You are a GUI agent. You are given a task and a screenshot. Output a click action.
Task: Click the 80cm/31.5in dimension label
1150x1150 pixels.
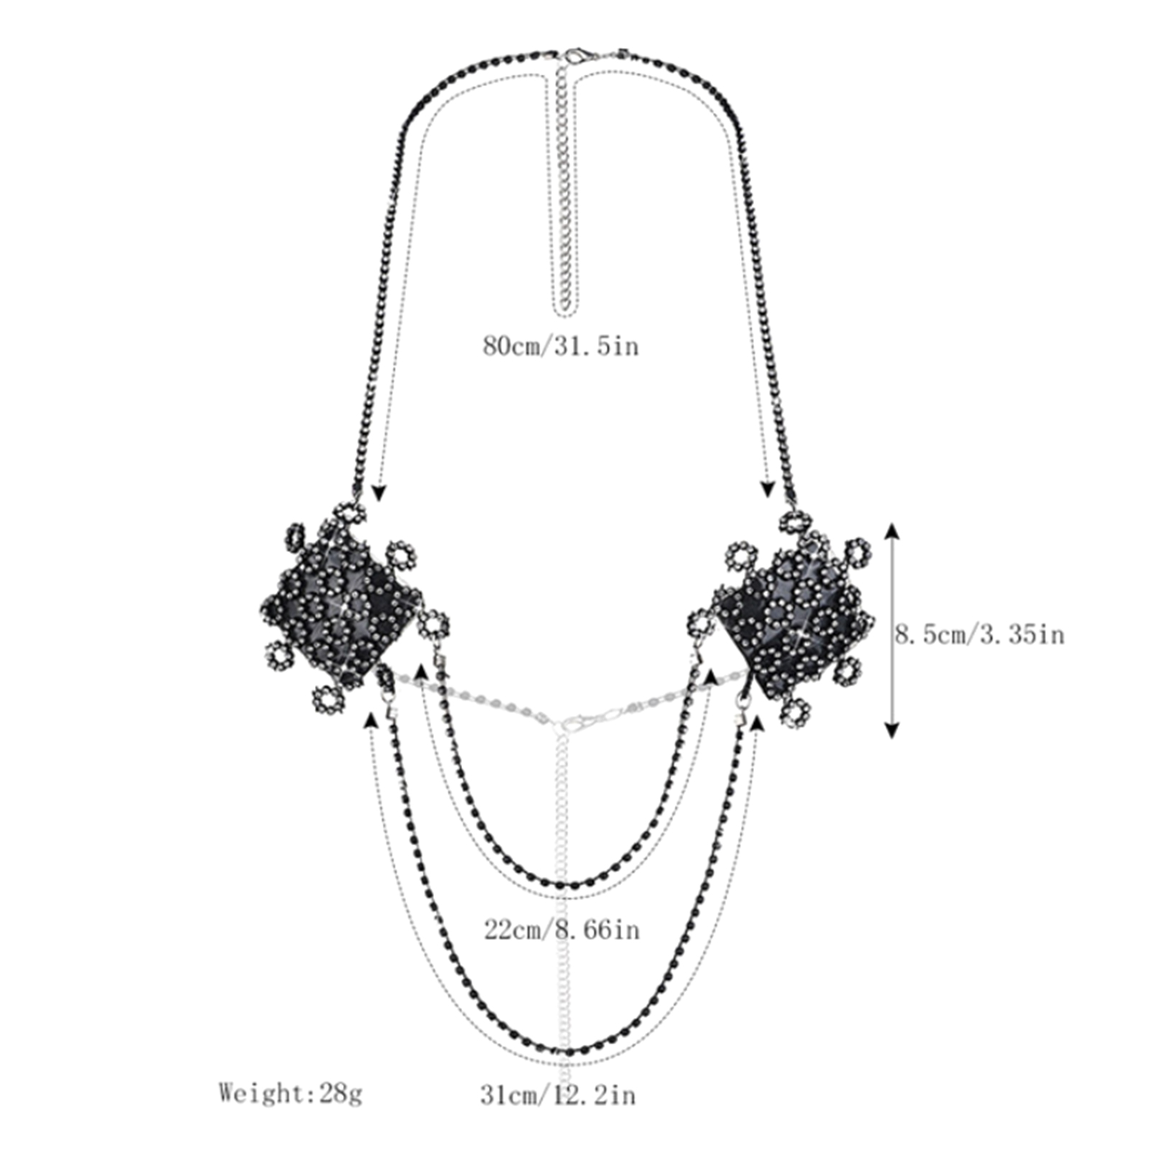561,346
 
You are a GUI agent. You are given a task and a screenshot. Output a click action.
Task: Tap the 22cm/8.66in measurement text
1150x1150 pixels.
561,930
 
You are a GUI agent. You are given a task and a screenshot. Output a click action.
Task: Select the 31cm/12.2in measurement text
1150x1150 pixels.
558,1095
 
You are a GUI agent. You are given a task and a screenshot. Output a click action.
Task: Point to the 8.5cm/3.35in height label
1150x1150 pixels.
979,635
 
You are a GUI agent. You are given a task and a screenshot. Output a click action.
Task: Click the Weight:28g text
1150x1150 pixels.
290,1094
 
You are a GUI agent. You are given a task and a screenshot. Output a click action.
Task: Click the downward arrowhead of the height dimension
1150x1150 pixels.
892,729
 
